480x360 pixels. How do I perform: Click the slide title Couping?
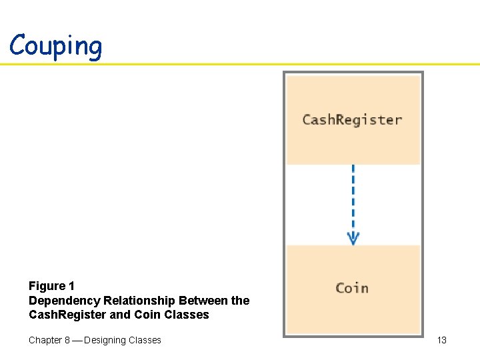(56, 45)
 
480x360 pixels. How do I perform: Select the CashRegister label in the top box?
(352, 120)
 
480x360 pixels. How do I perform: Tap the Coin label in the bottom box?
(352, 288)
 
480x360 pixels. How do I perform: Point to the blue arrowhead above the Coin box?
(353, 238)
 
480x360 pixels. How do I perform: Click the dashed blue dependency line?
(353, 197)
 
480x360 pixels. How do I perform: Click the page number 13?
(441, 340)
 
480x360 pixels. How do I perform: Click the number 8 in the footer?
(67, 340)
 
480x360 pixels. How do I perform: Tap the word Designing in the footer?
(109, 340)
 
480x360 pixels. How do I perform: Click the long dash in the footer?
(77, 340)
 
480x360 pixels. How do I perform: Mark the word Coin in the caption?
(147, 315)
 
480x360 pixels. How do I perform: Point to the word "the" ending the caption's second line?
(240, 301)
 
